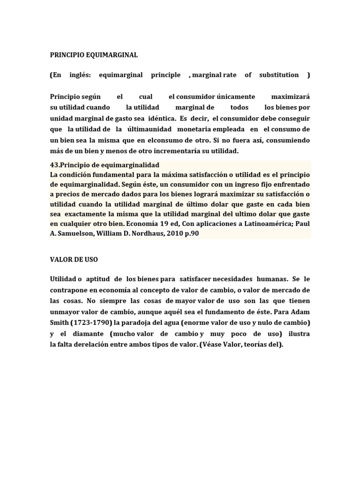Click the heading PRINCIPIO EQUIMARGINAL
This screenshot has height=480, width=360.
pos(94,55)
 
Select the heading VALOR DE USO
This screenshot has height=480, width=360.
pos(74,259)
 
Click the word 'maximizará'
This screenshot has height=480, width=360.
pos(291,97)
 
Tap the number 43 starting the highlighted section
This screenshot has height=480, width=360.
pos(53,165)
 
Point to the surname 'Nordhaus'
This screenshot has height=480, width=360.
pos(141,233)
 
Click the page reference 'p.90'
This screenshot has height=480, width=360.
pos(190,233)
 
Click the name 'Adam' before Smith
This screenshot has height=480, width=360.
pos(300,312)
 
